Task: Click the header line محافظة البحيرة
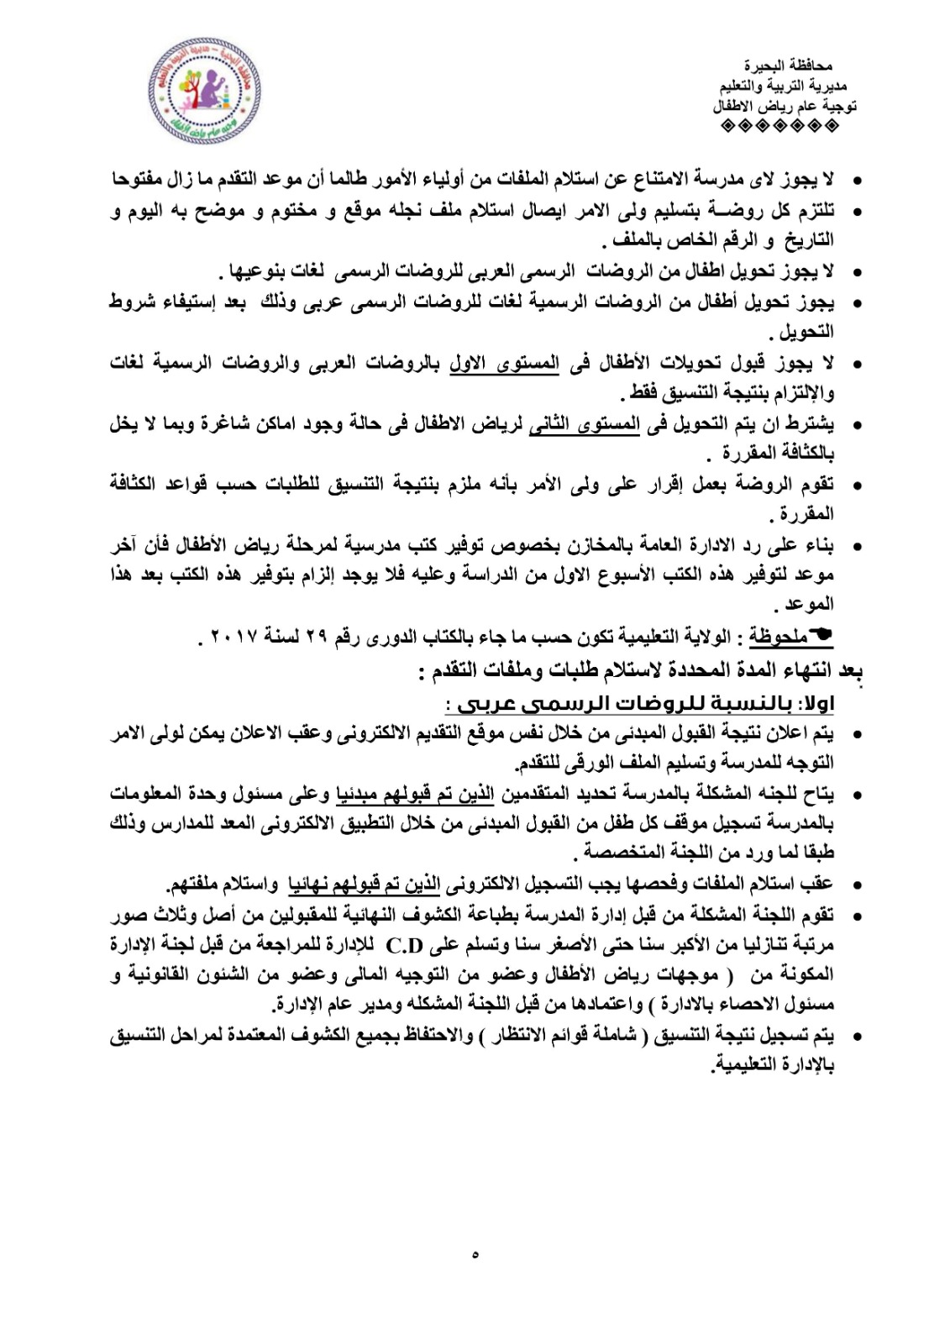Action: [787, 66]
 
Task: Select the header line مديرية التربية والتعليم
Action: [783, 86]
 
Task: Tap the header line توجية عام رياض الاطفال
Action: [785, 107]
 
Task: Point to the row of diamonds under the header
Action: [779, 127]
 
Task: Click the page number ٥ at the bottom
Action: [475, 1254]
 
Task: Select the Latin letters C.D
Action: [405, 946]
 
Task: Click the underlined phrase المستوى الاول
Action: [504, 364]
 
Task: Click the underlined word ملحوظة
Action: [779, 638]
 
